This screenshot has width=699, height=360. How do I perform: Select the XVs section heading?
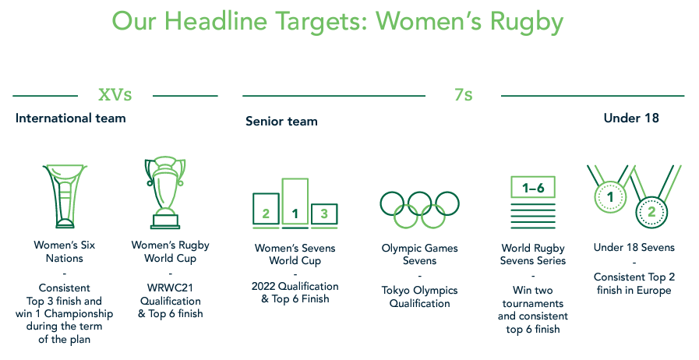point(115,95)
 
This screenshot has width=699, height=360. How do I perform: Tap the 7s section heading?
point(464,95)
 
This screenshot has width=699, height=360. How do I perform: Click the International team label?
point(70,118)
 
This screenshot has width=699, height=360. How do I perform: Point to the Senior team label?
point(281,122)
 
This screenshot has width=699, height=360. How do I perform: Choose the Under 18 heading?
point(631,118)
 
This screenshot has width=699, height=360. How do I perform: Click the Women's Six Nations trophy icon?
point(65,196)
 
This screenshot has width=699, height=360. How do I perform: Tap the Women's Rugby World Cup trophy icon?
point(165,192)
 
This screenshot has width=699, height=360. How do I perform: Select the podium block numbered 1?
point(295,203)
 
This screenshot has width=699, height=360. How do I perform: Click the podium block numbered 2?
point(266,210)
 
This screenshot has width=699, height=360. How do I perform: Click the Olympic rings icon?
point(419,210)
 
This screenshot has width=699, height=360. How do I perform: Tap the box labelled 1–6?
point(533,187)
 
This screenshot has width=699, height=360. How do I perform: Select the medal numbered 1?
point(610,196)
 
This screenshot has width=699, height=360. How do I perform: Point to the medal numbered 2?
point(651,212)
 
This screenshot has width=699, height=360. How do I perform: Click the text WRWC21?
point(171,288)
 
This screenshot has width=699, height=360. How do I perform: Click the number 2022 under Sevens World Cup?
point(263,286)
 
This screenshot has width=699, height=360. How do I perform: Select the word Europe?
point(654,291)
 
